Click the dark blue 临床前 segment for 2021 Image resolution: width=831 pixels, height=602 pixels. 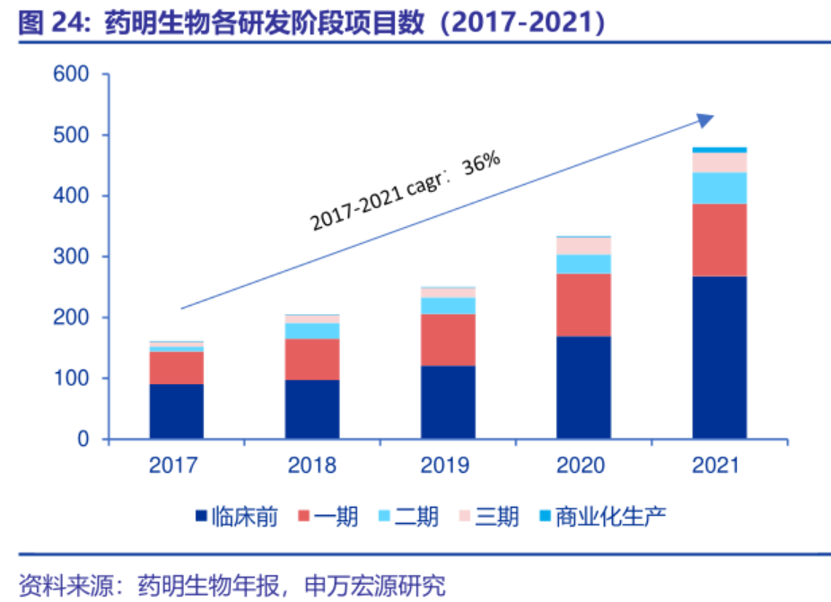tap(719, 357)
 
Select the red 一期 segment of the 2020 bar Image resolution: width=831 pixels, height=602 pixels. tap(583, 304)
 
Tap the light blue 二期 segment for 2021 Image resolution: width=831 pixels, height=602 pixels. tap(719, 188)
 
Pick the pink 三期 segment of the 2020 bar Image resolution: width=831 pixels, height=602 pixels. tap(583, 246)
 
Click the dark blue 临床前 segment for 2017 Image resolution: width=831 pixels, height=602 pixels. tap(177, 411)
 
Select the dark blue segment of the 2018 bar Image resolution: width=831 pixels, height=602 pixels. tap(312, 409)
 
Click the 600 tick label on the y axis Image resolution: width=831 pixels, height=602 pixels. tap(71, 74)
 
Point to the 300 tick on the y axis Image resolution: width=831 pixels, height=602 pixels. tap(71, 257)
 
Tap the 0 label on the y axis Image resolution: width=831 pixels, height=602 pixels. tap(83, 440)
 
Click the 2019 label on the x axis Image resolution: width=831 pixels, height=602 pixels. tap(448, 466)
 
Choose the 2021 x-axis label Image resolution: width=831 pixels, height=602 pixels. tap(719, 466)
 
